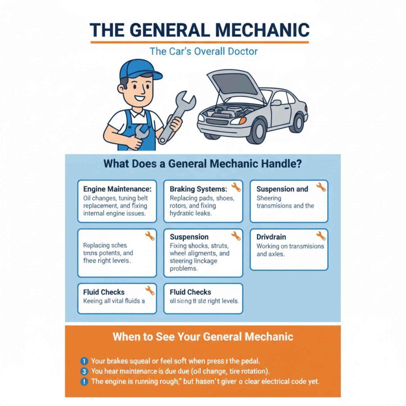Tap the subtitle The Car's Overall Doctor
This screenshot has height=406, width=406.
click(x=203, y=52)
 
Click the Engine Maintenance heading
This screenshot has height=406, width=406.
click(x=117, y=189)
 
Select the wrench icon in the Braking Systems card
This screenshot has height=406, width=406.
click(x=236, y=187)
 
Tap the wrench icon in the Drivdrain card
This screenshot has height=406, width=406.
click(x=321, y=236)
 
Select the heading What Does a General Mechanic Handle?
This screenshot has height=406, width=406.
click(x=203, y=164)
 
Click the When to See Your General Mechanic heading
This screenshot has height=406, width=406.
click(x=203, y=337)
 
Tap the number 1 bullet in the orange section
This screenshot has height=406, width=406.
click(x=84, y=361)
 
